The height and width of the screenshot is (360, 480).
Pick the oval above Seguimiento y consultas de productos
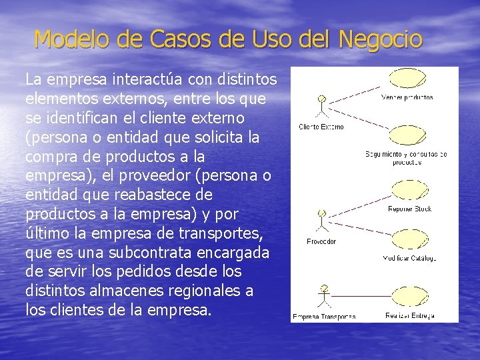pos(407,135)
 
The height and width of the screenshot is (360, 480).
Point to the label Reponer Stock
pos(409,209)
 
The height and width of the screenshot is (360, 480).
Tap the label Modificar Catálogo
pos(409,258)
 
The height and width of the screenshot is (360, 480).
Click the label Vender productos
pos(407,97)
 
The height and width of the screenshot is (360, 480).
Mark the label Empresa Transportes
pos(324,316)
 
